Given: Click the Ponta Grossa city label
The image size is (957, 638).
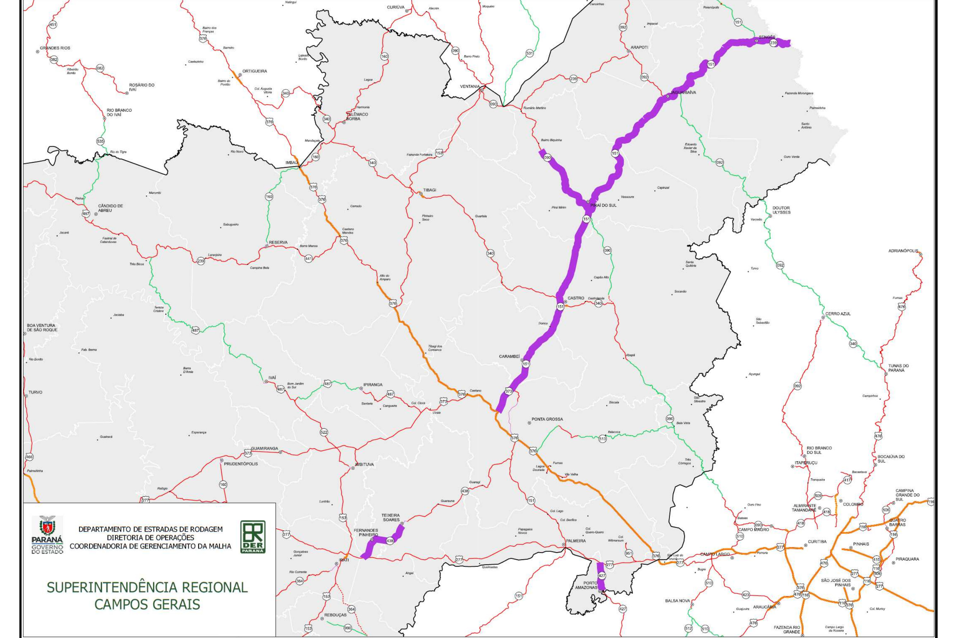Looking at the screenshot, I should coord(547,419).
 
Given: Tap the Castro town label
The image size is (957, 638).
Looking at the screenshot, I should coord(576,298).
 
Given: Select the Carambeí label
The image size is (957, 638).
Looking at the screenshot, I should coord(509,356).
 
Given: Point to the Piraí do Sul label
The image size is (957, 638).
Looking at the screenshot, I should coord(603,205).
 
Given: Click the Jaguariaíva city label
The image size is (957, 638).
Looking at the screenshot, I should coord(683,93).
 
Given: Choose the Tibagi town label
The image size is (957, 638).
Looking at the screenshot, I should coord(429,190).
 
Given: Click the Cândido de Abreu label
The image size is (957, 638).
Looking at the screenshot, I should coord(110,208).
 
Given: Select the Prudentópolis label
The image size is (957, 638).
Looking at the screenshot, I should coord(241,464).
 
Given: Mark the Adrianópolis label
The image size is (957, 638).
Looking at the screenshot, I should coord(903,251).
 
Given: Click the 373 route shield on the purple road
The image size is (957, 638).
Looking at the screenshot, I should coord(508,391).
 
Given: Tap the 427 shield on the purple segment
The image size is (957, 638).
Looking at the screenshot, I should coord(602,576).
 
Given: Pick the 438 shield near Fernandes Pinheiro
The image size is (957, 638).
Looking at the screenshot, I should coord(390,541).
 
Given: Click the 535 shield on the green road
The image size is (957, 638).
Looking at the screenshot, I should coord(101,141).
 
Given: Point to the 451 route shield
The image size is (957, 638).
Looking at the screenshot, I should coord(52,25).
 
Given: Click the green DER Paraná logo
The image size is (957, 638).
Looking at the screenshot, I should coord(252,537).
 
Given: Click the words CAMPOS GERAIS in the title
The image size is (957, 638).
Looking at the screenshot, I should coord(147,604).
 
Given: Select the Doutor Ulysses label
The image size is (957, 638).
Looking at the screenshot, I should coord(781,210).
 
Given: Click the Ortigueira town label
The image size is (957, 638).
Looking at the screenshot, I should coord(255,71).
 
